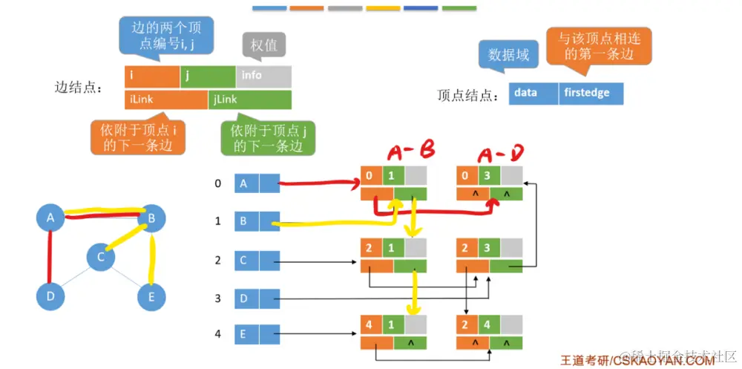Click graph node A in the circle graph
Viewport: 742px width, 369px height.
[x=50, y=218]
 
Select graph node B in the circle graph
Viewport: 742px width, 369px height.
[x=152, y=218]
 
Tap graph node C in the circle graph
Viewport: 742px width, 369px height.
[x=101, y=257]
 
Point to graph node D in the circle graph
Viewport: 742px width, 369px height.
[x=50, y=296]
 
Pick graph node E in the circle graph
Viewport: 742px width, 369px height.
[x=152, y=296]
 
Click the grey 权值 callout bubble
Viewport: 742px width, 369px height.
[x=264, y=45]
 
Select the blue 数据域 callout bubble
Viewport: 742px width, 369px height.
[x=508, y=55]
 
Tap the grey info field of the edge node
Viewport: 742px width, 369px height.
[x=264, y=76]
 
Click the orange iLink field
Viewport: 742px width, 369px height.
[x=166, y=99]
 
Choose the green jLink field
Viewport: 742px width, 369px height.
[x=250, y=99]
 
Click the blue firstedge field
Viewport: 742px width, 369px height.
[x=591, y=94]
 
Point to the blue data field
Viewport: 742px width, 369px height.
[x=533, y=94]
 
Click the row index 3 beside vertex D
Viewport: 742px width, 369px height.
[x=217, y=298]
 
